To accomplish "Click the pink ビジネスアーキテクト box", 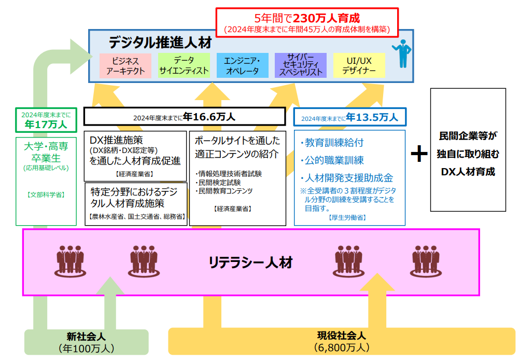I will (125, 66).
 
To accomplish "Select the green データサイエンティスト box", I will (184, 66).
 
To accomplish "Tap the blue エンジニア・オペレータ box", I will (242, 66).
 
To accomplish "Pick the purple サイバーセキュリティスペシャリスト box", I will (301, 66).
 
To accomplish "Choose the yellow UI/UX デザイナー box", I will (359, 66).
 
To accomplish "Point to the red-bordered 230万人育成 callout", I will (306, 22).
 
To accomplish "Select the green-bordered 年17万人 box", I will (46, 120).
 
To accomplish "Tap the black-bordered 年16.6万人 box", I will (184, 117).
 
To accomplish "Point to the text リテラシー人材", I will (250, 262).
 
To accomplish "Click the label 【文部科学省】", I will (46, 195).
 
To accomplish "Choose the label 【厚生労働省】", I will (347, 218).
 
